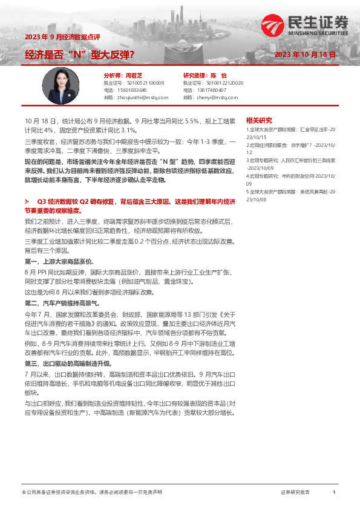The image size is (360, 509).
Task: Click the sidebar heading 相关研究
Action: (259, 120)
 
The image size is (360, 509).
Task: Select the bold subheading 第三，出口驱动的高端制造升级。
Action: (68, 364)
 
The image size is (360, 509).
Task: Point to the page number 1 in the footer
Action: (333, 493)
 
